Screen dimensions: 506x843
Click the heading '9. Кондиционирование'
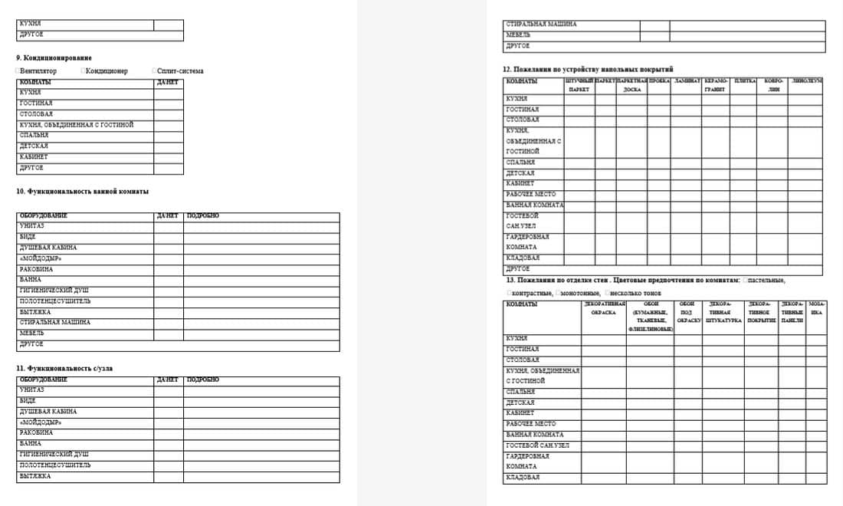tap(54, 58)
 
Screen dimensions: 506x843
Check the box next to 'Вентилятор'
tap(18, 71)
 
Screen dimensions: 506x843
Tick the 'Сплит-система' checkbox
tap(154, 71)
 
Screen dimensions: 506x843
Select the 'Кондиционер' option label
tap(107, 71)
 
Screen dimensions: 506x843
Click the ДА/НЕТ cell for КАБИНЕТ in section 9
tap(168, 157)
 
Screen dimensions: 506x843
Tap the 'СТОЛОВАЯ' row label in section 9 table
tap(36, 114)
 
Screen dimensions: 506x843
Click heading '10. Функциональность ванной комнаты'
tap(83, 191)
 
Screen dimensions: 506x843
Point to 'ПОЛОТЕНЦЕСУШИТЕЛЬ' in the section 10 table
tap(55, 301)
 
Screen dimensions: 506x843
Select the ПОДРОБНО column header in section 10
tap(203, 216)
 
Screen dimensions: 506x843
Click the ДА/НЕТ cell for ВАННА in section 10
tap(168, 280)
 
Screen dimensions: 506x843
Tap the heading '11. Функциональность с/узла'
tap(64, 368)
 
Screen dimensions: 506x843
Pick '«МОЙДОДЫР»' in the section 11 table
tap(40, 422)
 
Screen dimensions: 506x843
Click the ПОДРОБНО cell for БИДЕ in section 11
tap(261, 401)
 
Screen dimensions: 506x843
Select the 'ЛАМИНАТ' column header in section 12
tap(687, 80)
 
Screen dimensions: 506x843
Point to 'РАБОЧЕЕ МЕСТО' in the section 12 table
tap(531, 195)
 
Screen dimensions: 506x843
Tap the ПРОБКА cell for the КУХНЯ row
tap(659, 99)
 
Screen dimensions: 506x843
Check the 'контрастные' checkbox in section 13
tap(509, 294)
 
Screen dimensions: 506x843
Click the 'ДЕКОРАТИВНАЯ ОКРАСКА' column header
tap(603, 308)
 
